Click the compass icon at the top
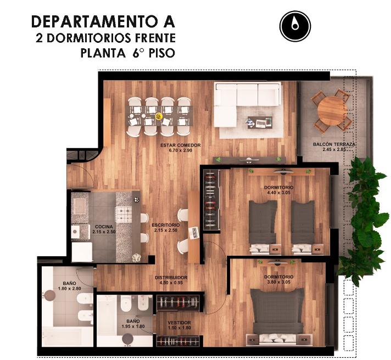click(x=295, y=26)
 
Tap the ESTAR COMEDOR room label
click(x=181, y=145)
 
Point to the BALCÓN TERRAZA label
click(x=334, y=144)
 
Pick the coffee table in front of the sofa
click(x=260, y=122)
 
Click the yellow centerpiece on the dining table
click(x=159, y=116)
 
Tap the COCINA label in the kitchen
click(x=104, y=227)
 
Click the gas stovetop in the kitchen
click(x=124, y=214)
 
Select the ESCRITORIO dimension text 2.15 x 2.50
click(x=166, y=230)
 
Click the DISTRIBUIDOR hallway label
click(x=171, y=278)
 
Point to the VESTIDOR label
click(x=179, y=323)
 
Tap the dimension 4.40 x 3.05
click(x=279, y=193)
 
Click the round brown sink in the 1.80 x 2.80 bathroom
click(x=49, y=295)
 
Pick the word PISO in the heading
click(x=162, y=53)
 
